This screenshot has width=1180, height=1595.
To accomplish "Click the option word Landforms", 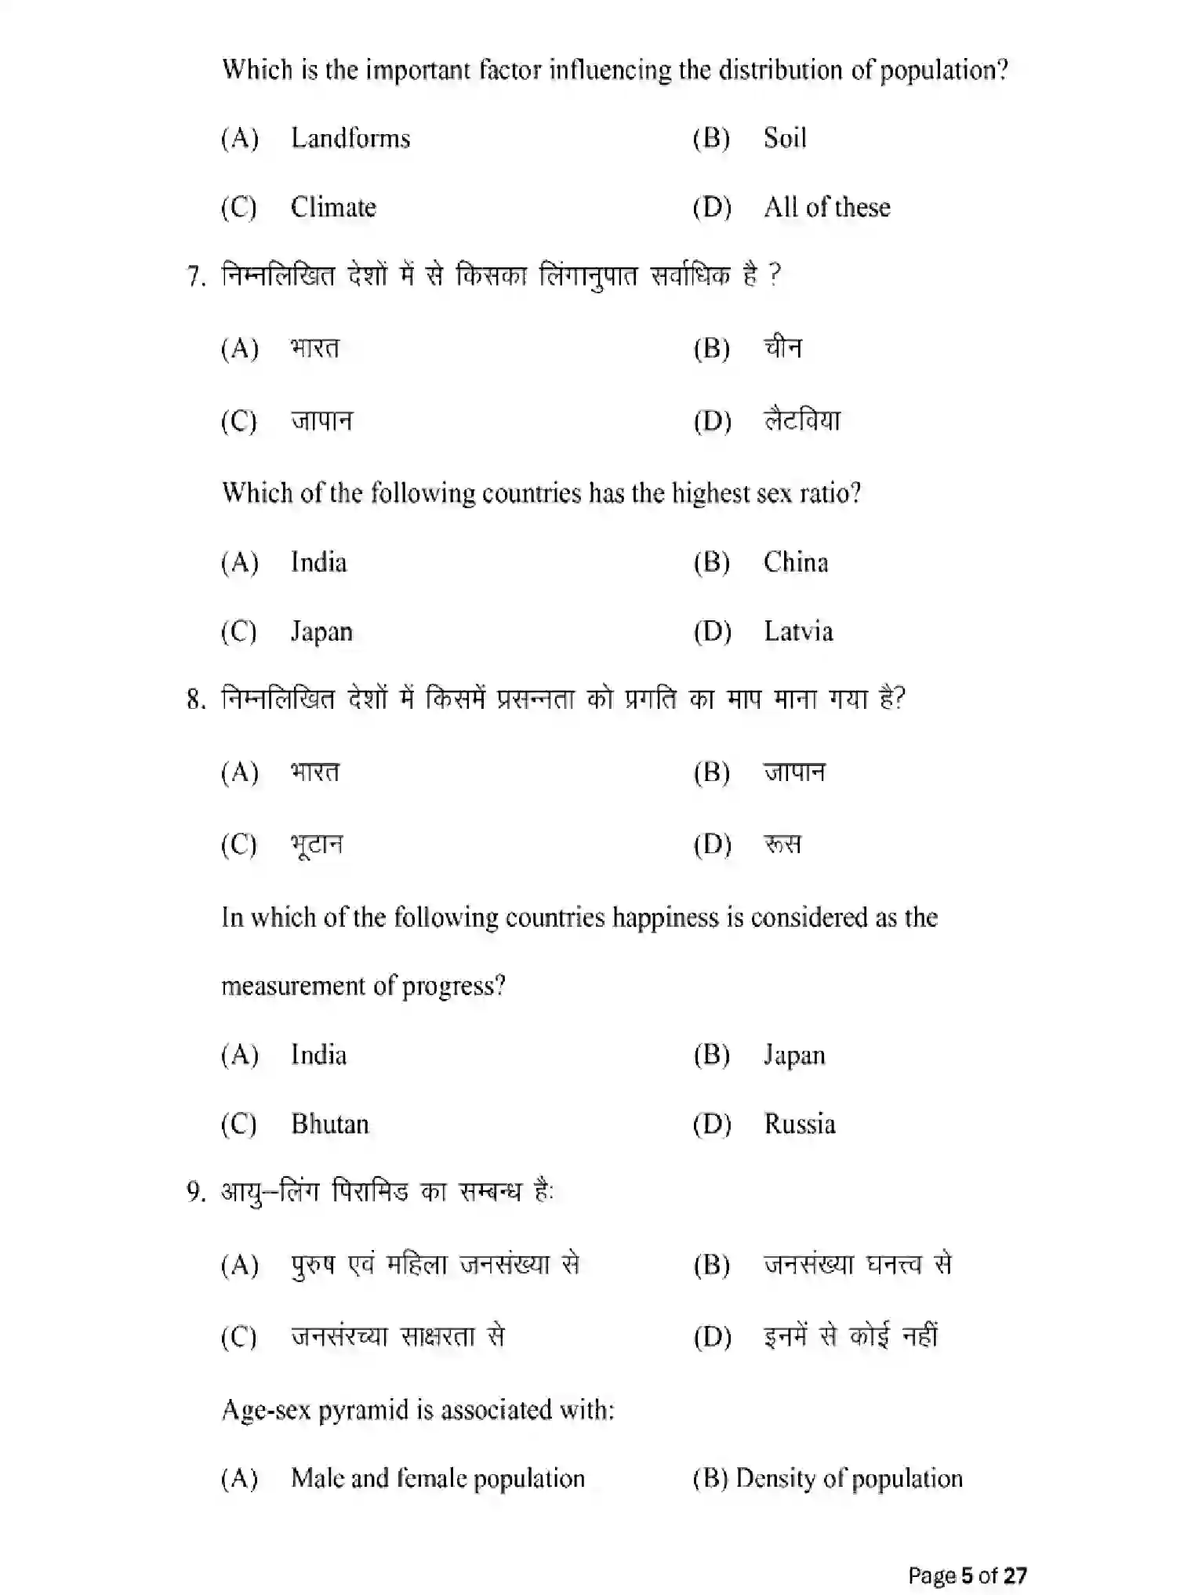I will point(350,139).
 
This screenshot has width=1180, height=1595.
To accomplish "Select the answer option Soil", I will point(785,139).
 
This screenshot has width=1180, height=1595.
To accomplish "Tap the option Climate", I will point(333,208).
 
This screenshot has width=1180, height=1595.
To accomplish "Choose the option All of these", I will point(827,208).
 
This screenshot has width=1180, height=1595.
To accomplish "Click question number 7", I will point(196,277).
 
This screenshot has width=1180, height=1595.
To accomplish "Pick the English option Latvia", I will point(798,631).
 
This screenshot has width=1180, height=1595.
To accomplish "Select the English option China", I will point(796,562).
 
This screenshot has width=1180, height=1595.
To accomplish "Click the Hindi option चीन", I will point(783,347).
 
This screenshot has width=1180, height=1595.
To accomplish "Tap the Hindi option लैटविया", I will point(802,421).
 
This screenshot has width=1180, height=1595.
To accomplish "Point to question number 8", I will point(196,699).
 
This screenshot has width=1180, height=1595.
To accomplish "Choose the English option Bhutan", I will point(330,1124).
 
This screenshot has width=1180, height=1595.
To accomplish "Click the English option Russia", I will point(800,1124).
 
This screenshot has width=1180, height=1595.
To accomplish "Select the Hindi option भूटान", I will point(317,845).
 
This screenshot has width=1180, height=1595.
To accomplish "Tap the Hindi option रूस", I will point(782,845).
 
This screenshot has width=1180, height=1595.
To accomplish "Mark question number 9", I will point(196,1193).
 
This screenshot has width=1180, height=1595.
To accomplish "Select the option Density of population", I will point(849,1478).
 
